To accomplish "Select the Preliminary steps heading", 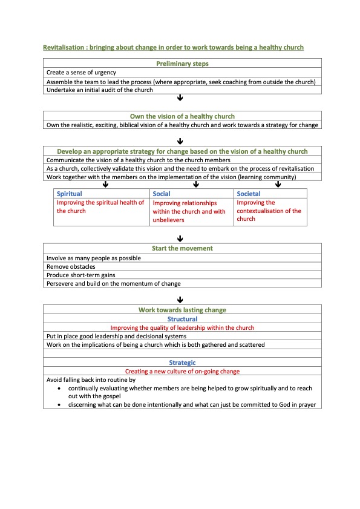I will tap(182, 64).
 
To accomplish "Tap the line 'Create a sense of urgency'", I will tap(81, 73).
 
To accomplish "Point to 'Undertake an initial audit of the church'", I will tap(100, 90).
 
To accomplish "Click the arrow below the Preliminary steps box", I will tap(180, 98).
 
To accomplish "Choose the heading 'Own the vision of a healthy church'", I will tap(182, 116).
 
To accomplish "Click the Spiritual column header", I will tap(70, 194).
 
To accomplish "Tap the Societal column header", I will tap(249, 194).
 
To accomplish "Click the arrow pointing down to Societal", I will tap(278, 185).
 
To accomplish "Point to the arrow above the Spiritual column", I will tap(105, 185).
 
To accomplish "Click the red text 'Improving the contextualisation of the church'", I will tap(269, 211).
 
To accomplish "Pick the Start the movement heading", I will tap(182, 248).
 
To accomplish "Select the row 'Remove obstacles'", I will tap(71, 266).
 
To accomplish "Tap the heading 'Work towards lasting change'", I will tap(182, 310).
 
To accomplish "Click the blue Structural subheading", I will tap(182, 319).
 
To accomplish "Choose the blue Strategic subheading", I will tap(182, 363).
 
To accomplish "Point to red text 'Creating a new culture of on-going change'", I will tap(182, 371).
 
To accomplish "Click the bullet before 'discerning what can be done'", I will tap(59, 404).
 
